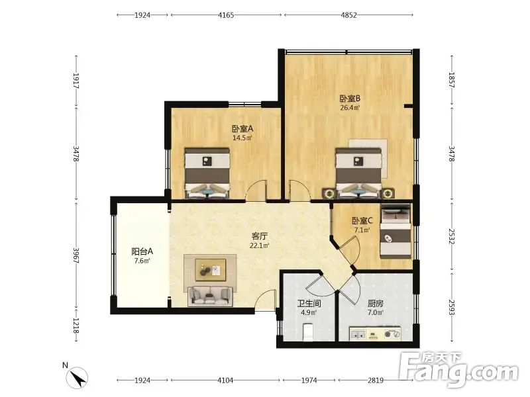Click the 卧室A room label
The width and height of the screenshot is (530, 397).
point(242,128)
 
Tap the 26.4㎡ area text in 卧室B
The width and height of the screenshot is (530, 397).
point(350,108)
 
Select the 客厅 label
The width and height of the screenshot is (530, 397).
point(259,236)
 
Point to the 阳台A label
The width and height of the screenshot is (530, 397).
point(142,251)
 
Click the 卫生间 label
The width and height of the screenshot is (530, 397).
point(309,304)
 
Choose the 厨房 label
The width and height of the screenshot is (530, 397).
point(376,304)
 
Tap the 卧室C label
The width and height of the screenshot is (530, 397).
point(362,221)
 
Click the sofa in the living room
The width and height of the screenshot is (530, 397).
point(210,295)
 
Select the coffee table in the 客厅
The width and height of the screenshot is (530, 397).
point(210,270)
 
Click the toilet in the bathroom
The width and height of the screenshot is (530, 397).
point(307,332)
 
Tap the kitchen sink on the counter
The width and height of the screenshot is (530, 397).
point(358,334)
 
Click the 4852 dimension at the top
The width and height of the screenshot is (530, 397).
point(348,15)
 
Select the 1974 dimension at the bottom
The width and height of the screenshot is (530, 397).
point(309,380)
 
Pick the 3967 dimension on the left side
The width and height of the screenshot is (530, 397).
point(76,255)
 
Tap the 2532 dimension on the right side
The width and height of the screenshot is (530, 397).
point(452,237)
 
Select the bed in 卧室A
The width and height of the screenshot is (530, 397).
point(207,173)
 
